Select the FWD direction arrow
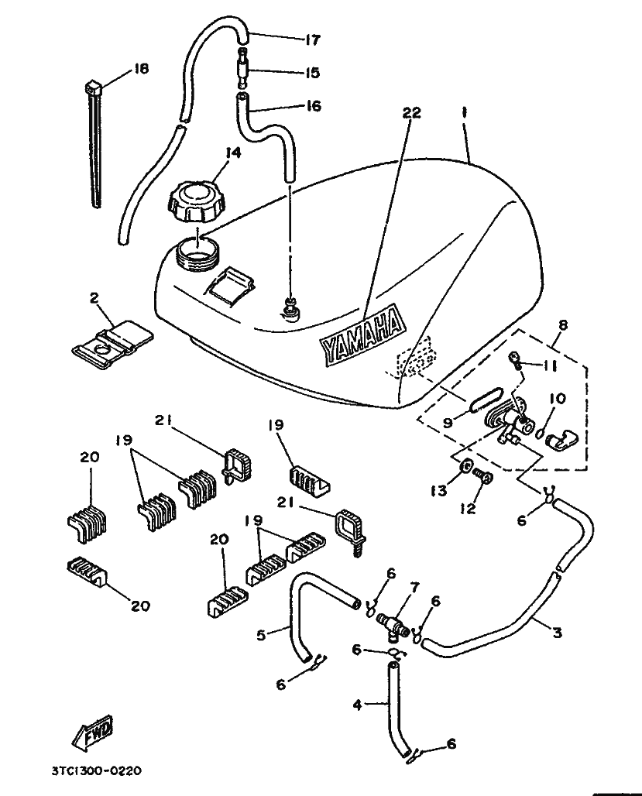(93, 733)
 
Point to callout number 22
(411, 113)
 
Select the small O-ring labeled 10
(541, 431)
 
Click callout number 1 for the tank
(464, 112)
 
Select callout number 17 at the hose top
(312, 39)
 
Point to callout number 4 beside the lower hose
(358, 705)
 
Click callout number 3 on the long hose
(557, 633)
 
